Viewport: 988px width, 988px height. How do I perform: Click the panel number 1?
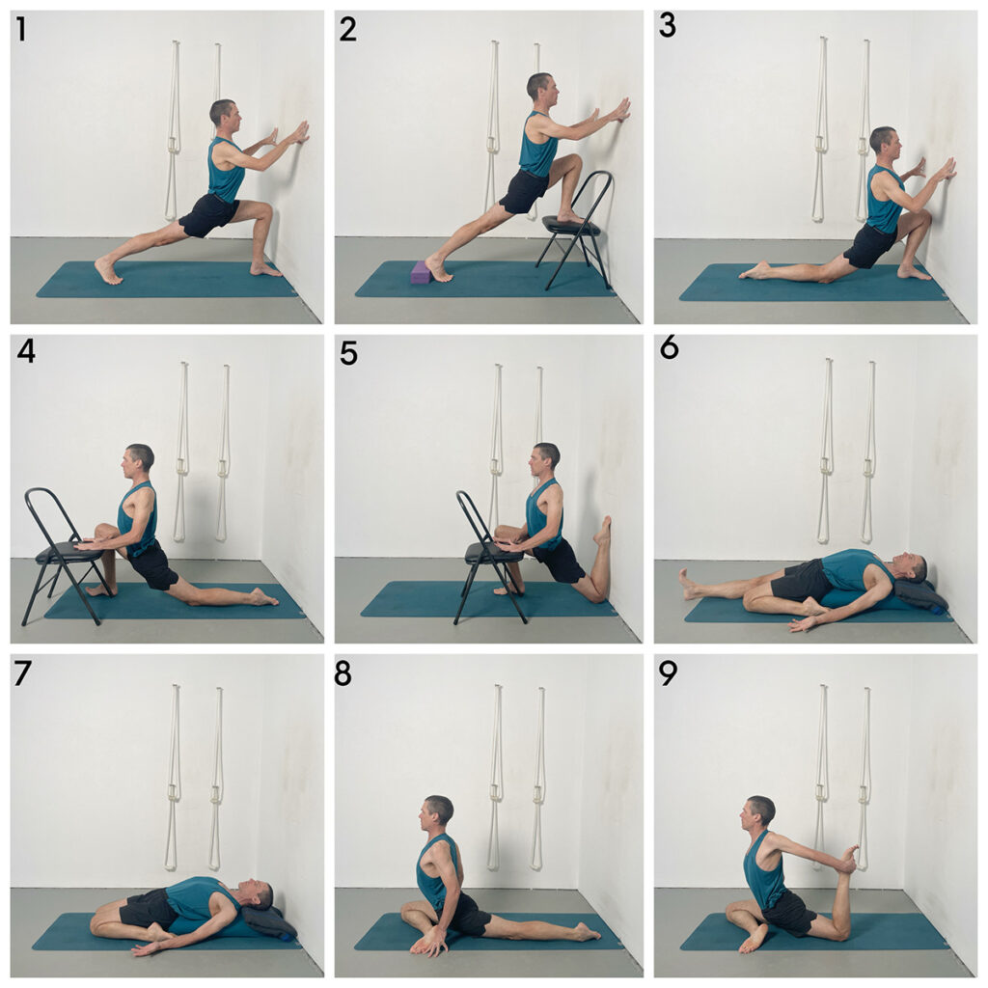21,30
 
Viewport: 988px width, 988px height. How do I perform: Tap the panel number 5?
347,354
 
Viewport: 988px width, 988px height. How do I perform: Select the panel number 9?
668,673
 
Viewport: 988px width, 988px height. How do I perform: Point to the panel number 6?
670,347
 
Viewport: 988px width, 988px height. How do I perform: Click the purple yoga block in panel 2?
421,272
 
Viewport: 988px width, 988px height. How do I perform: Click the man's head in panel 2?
542,88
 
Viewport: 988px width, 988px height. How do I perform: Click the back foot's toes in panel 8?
595,935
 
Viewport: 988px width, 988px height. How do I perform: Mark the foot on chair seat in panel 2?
571,217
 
